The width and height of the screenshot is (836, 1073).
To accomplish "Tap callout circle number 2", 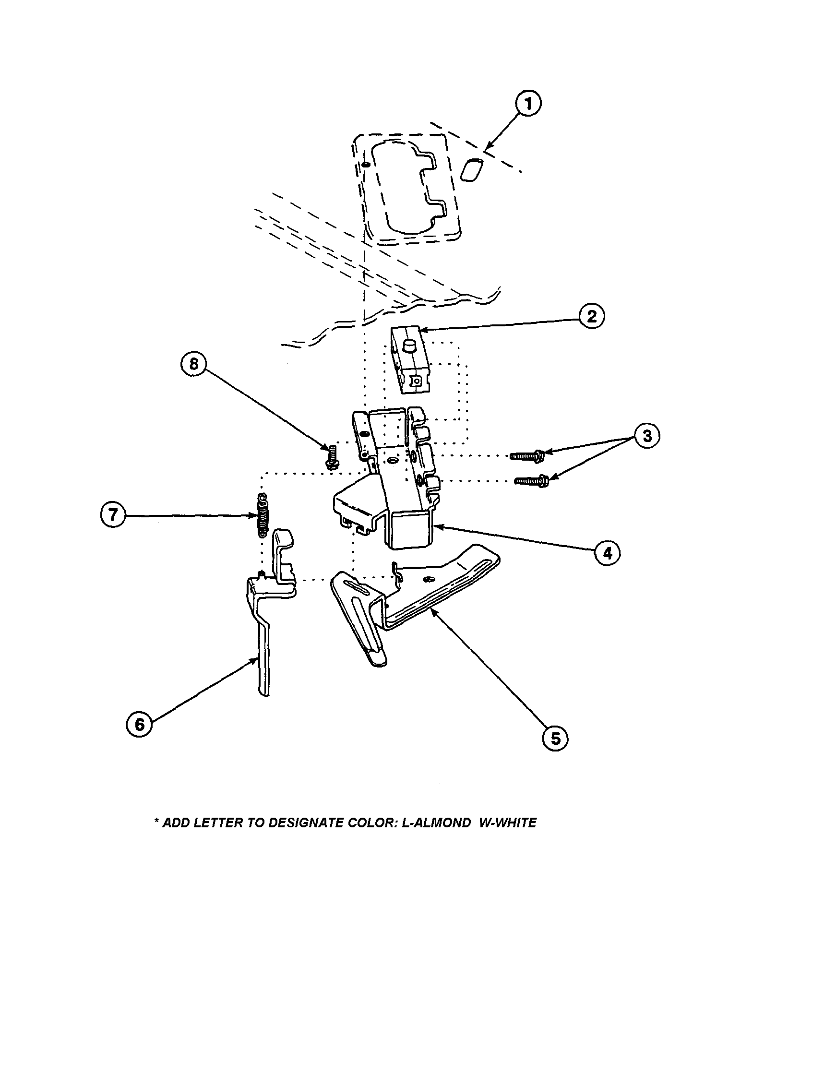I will [x=591, y=316].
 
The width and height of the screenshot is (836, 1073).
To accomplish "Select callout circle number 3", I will [x=647, y=435].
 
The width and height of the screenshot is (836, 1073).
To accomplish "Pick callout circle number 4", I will [x=608, y=554].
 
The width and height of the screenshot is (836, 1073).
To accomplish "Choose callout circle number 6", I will [x=140, y=724].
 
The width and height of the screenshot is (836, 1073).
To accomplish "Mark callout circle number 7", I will [x=113, y=515].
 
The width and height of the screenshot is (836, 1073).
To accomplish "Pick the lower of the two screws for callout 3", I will [x=531, y=480].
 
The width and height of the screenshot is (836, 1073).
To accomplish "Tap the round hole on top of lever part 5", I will [x=429, y=580].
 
